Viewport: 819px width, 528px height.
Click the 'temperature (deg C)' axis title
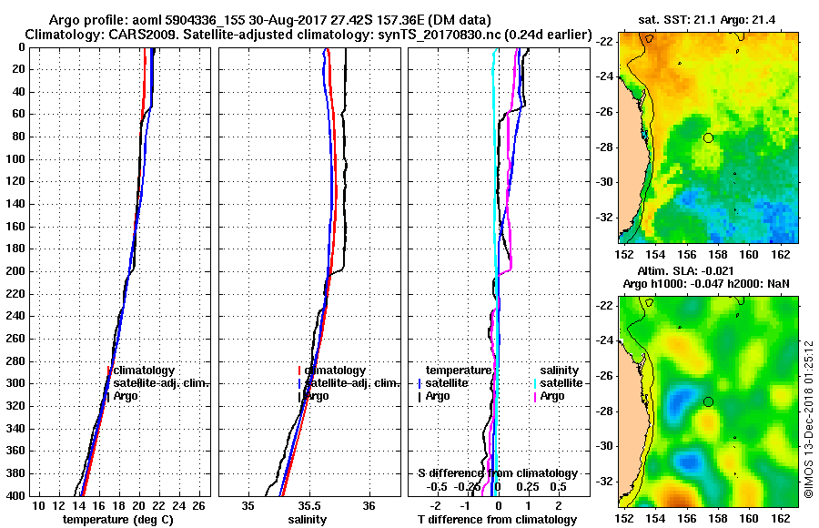pyautogui.click(x=117, y=519)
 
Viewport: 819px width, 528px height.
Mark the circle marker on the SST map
pyautogui.click(x=708, y=137)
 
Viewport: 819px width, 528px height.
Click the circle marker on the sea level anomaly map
pyautogui.click(x=708, y=401)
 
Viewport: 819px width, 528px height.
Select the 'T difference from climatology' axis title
pyautogui.click(x=497, y=519)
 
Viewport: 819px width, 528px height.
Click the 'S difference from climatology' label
pyautogui.click(x=497, y=473)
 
